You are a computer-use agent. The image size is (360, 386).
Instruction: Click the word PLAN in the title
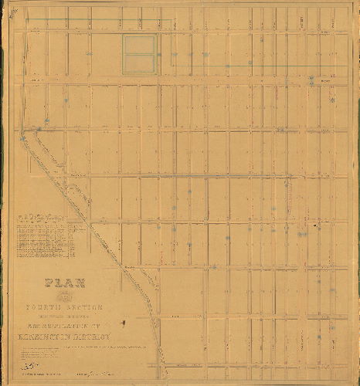(66, 283)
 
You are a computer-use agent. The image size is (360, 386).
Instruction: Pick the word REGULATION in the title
(74, 323)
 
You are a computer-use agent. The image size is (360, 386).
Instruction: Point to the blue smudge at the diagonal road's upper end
(22, 137)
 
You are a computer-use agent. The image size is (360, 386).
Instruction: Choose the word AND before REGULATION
(35, 324)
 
